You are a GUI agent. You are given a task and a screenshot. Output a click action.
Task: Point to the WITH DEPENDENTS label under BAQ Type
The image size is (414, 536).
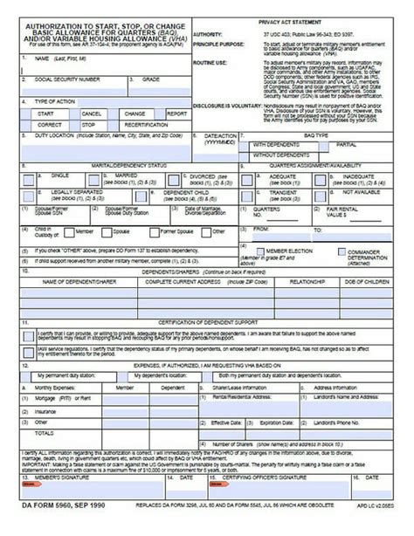[277, 145]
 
